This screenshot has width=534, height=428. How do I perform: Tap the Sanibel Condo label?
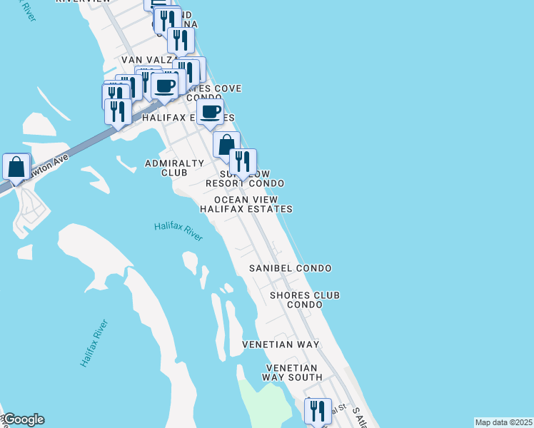[x=290, y=268]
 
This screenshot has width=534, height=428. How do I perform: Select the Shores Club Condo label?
[x=304, y=300]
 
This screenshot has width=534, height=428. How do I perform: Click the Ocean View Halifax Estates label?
[x=246, y=205]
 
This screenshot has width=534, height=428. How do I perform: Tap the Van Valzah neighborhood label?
[x=146, y=60]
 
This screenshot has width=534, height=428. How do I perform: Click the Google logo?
[x=23, y=419]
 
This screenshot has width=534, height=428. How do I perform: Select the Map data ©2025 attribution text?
[x=503, y=422]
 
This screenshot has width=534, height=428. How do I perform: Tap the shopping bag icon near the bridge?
[x=16, y=168]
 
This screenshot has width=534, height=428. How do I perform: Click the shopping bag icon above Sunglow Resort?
[x=226, y=145]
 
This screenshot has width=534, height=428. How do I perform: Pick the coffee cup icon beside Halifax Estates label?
[x=210, y=112]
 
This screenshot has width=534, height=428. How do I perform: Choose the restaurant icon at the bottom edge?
[x=318, y=411]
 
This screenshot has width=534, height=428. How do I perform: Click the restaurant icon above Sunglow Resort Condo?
[x=243, y=161]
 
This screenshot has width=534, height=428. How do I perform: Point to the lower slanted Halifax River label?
[x=94, y=344]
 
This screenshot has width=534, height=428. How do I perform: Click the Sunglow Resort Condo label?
[x=245, y=179]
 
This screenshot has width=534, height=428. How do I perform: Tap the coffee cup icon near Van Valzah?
[x=164, y=86]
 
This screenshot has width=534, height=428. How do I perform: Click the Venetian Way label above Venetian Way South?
[x=280, y=345]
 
